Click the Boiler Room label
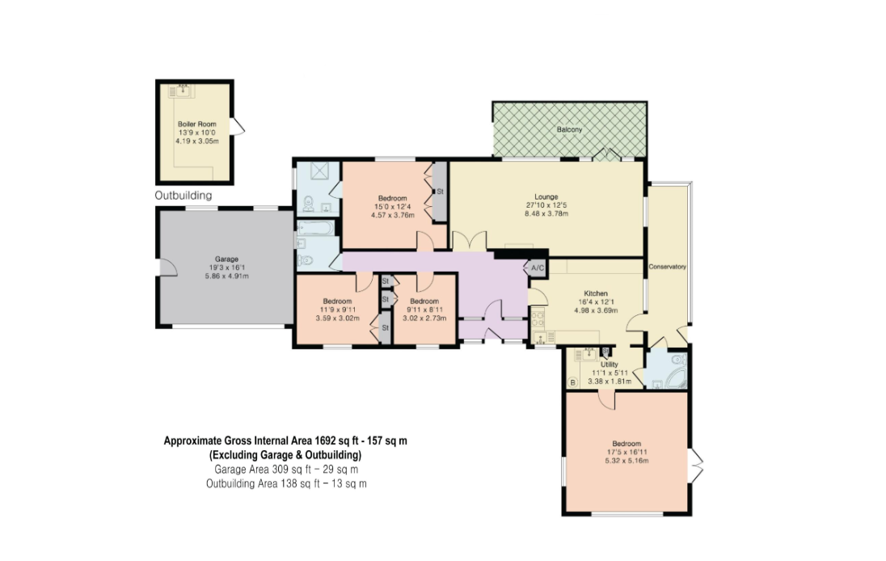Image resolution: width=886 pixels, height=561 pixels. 196,124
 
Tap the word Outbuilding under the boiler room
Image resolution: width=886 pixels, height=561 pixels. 184,196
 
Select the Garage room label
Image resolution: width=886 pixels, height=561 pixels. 226,259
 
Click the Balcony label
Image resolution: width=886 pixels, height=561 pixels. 569,129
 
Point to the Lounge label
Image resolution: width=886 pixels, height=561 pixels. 546,197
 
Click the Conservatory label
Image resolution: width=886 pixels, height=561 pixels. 667,267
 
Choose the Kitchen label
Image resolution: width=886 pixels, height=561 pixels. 596,293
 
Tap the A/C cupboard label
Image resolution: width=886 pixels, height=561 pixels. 538,268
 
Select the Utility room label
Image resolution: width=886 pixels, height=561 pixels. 610,365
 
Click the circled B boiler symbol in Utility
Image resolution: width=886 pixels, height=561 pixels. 572,383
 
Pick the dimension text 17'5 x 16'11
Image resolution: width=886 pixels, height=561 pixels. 627,452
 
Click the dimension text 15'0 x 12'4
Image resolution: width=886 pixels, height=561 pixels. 393,207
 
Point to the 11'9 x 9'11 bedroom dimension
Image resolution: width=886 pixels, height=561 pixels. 337,310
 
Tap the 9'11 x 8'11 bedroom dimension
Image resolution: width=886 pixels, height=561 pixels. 424,310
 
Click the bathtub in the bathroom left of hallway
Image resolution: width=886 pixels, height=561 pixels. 315,228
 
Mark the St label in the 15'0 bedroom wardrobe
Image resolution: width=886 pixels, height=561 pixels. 441,192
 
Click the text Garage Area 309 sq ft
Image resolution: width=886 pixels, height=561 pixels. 256,470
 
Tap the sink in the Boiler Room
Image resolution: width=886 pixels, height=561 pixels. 183,91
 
